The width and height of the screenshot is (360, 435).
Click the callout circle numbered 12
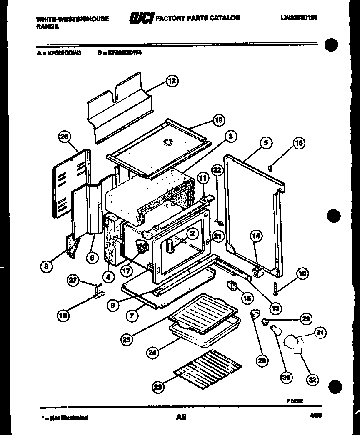pos(172,81)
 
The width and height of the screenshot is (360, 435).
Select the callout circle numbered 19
pos(218,121)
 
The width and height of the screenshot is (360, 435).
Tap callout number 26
pos(65,137)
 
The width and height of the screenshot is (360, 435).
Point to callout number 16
pos(299,143)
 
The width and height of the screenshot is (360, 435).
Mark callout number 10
pos(302,273)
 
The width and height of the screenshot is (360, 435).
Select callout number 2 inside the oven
pos(192,234)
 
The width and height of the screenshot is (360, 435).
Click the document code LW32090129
pos(299,18)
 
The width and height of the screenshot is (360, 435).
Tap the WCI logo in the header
pos(142,18)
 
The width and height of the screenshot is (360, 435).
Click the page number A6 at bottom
pos(181,416)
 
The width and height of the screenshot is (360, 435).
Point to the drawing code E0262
pos(295,401)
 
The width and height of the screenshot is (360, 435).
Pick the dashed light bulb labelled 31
pos(293,344)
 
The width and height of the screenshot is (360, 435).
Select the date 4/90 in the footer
pos(316,415)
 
